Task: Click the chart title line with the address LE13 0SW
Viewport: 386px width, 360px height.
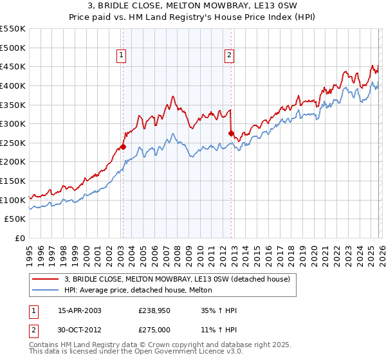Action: (193, 6)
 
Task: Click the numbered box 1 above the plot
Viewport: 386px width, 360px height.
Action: (122, 56)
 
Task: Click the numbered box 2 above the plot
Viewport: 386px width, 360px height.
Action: (229, 56)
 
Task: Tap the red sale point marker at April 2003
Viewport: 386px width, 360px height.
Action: (123, 147)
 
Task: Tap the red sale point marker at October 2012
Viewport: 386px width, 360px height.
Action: (231, 133)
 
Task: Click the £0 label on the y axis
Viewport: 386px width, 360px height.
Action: (19, 238)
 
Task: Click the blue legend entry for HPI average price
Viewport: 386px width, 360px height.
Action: (142, 290)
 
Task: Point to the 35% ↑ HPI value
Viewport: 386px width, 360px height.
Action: (211, 311)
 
